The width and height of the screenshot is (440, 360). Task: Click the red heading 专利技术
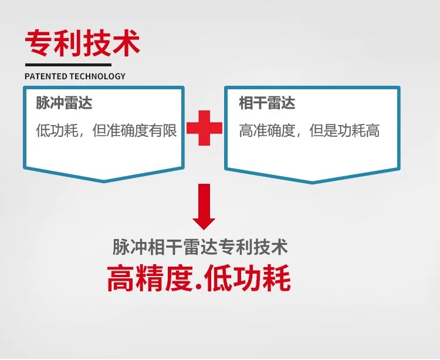[83, 43]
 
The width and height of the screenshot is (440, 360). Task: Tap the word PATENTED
[46, 76]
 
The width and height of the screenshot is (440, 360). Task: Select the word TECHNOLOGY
[97, 76]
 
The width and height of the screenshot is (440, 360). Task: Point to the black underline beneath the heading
[68, 65]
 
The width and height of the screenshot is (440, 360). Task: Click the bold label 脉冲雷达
[64, 103]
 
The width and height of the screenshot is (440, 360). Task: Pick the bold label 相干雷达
[267, 103]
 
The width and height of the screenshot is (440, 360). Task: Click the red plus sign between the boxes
[204, 128]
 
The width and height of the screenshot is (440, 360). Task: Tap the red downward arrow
[204, 207]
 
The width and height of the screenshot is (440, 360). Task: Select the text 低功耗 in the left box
[57, 130]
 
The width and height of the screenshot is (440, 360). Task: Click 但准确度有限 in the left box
[135, 130]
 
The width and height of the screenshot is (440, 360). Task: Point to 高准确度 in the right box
[267, 130]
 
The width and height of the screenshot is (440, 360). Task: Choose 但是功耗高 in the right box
[344, 130]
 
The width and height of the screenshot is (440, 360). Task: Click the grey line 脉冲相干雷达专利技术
[200, 247]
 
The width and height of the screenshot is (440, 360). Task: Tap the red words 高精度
[150, 278]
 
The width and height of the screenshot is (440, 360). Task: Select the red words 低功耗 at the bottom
[247, 278]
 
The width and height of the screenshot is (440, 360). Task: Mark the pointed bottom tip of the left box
[104, 182]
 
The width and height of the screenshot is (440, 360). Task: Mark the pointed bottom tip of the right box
[312, 183]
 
